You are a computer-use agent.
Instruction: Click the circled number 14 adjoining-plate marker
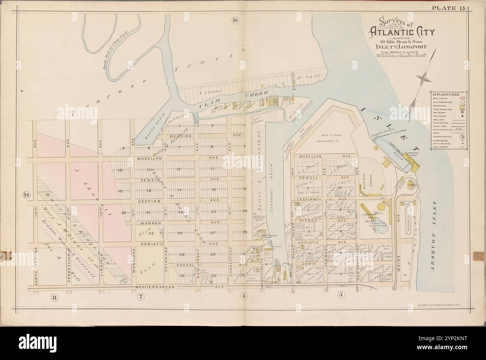tap(26, 194)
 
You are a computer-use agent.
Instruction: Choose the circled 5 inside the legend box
tap(462, 136)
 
